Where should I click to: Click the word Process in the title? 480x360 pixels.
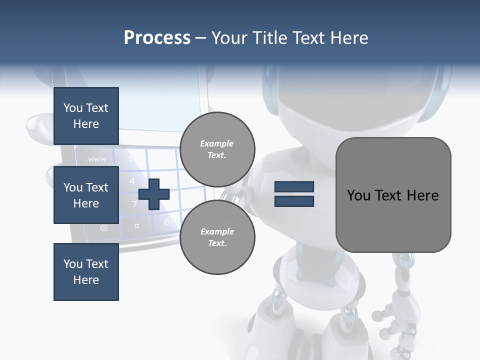(x=157, y=38)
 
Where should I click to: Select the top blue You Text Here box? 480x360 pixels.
(x=86, y=116)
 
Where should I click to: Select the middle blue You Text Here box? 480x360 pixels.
(x=86, y=195)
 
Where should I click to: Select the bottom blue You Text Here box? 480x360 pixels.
(x=86, y=272)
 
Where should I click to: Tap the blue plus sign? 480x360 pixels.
(x=154, y=193)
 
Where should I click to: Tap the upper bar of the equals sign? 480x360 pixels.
(x=294, y=187)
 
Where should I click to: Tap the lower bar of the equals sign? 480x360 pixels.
(x=294, y=201)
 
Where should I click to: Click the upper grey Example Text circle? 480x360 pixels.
(x=217, y=149)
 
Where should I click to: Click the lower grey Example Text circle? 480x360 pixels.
(x=217, y=237)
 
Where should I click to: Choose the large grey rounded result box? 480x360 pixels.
(x=393, y=195)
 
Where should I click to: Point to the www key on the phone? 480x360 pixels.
(x=96, y=159)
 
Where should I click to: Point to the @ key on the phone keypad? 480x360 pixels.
(x=103, y=228)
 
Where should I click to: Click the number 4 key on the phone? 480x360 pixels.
(x=132, y=181)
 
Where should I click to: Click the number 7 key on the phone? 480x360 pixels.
(x=134, y=203)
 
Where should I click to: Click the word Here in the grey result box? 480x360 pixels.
(x=422, y=195)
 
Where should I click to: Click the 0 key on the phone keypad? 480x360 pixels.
(x=166, y=222)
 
